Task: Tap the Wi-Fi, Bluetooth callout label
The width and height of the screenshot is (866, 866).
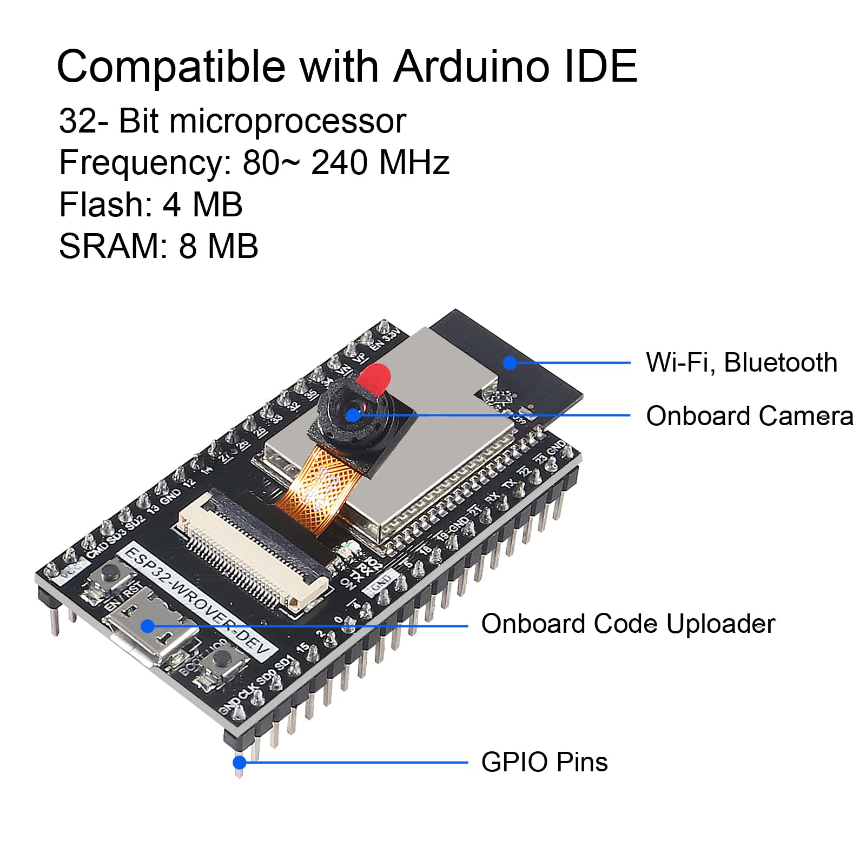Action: pos(741,362)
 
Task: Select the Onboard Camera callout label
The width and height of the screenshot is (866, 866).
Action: pos(749,416)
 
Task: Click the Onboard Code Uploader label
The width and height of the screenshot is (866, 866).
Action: pos(627,624)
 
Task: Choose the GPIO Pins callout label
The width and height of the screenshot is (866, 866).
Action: pos(544,762)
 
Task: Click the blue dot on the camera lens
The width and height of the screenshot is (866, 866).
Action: pos(353,415)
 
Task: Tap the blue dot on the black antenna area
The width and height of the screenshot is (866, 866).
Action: pos(510,362)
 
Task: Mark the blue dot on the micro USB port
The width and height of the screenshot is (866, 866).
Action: pos(148,626)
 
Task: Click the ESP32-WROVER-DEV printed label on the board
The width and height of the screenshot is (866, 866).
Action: pos(197,600)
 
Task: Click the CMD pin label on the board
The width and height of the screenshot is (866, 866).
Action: pos(98,547)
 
